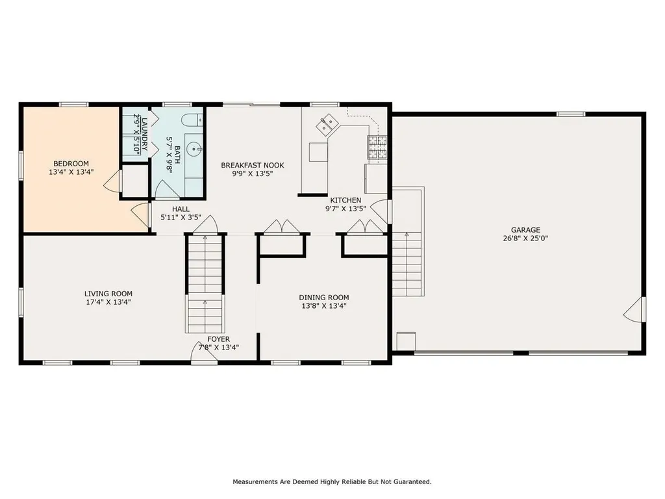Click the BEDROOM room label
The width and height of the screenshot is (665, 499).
(71, 164)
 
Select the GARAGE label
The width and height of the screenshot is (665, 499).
(525, 230)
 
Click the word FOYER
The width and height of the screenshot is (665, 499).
(218, 339)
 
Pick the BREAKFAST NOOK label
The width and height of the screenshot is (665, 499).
(252, 165)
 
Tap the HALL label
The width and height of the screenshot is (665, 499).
(181, 209)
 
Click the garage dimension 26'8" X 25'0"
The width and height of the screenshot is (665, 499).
(525, 238)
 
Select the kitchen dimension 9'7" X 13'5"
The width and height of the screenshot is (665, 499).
(345, 209)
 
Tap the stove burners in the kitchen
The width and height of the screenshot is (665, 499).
(377, 147)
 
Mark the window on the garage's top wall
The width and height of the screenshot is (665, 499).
(571, 114)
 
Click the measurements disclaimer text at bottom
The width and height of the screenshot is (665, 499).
(332, 482)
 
